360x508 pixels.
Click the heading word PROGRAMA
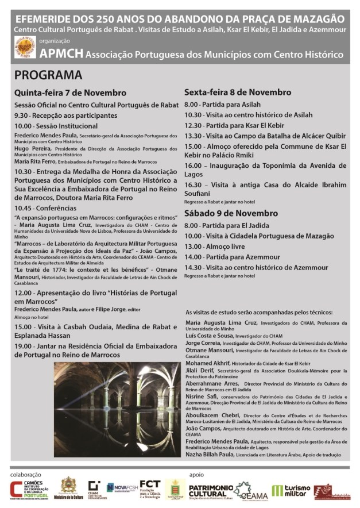point(48,75)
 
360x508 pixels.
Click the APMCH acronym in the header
point(61,54)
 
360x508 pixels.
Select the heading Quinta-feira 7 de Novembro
point(70,93)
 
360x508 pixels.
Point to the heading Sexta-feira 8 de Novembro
point(238,92)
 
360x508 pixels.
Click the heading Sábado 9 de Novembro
point(231,213)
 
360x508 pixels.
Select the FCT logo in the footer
point(150,488)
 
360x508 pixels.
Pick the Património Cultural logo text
point(210,489)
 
